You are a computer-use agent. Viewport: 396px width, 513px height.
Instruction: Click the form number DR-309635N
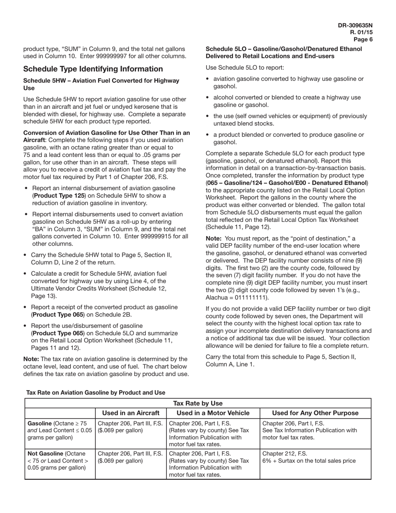355,25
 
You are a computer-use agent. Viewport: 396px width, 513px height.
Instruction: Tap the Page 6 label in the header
363,40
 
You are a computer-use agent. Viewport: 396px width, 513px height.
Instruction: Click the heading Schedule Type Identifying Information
93,69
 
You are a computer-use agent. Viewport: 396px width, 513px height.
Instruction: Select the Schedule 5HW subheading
101,84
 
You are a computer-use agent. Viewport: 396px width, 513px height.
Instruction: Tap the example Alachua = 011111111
237,298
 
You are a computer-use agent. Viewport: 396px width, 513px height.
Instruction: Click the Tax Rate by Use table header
198,403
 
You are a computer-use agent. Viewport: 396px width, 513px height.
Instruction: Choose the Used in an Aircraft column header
130,413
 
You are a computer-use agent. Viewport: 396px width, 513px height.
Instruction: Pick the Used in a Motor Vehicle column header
213,413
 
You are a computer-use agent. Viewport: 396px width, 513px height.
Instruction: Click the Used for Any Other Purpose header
315,413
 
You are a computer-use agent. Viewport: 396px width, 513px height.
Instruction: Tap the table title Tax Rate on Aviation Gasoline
95,392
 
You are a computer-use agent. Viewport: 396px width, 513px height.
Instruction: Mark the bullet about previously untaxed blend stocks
290,120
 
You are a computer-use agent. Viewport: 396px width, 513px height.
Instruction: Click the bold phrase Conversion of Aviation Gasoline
106,133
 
